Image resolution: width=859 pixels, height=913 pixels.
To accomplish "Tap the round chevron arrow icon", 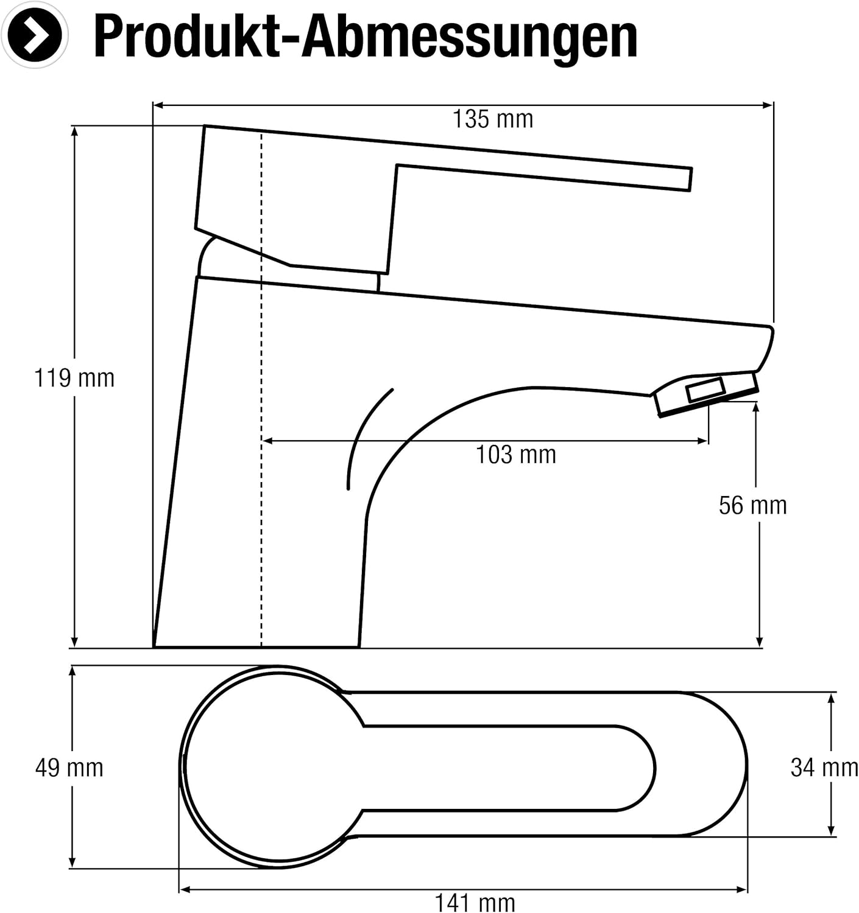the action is coord(35,35).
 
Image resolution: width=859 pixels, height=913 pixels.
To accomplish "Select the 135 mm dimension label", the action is coord(493,119).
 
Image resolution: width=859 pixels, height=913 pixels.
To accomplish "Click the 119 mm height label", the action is coord(74,379).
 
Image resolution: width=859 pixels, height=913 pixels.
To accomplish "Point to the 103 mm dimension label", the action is coord(516,455).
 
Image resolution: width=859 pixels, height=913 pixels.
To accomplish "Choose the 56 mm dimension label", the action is coord(752,505).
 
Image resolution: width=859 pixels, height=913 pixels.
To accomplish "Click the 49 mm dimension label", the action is coord(69,768).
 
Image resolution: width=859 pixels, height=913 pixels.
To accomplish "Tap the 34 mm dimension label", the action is coord(824,768).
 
